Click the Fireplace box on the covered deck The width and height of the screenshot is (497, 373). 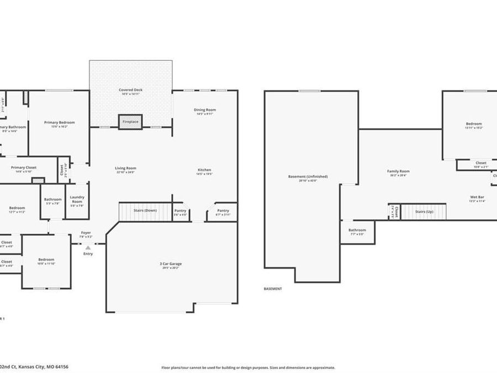(130, 122)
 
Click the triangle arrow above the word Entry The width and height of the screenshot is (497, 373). (88, 248)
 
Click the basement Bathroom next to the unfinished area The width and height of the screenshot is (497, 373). (357, 232)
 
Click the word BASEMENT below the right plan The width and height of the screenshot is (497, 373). (272, 288)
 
